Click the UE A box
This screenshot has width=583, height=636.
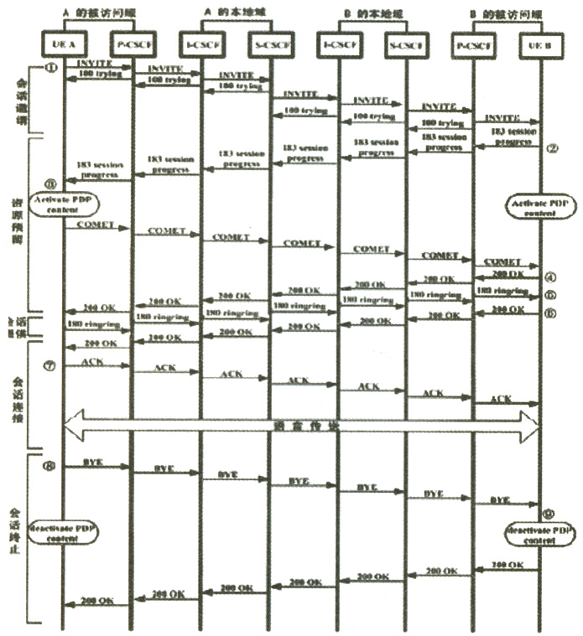coord(65,42)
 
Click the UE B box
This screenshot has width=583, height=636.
coord(540,42)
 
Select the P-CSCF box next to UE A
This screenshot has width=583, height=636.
coord(132,42)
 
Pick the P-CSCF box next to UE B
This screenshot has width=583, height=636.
coord(472,42)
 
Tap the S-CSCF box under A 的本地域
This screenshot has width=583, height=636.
coord(269,42)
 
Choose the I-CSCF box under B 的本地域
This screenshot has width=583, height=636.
coord(337,42)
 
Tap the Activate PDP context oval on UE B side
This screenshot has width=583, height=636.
coord(539,207)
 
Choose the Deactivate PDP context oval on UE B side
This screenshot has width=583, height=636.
coord(539,535)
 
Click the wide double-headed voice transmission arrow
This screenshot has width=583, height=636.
coord(302,425)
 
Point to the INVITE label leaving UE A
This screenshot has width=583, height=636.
coord(96,64)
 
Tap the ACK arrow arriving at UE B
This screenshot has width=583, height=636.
coord(503,401)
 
